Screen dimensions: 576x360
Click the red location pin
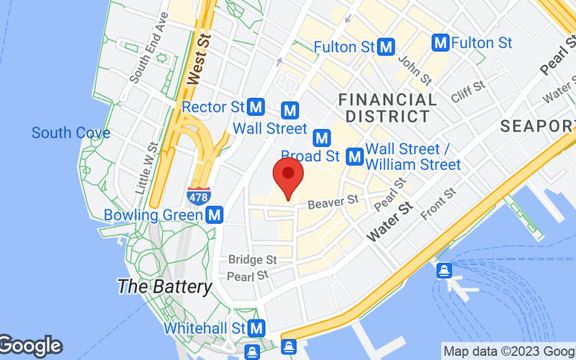click(x=289, y=177)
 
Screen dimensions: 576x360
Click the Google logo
click(x=31, y=346)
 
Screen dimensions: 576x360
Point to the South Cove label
click(x=71, y=132)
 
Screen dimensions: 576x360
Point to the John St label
click(x=415, y=70)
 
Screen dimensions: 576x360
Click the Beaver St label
click(x=333, y=204)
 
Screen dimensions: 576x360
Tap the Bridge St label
click(x=253, y=259)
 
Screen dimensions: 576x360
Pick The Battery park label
click(x=165, y=286)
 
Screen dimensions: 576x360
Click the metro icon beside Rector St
click(x=256, y=107)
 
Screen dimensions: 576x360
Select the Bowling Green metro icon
click(x=213, y=215)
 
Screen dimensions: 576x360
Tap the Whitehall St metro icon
click(x=255, y=328)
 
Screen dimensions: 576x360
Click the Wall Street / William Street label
click(x=413, y=156)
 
